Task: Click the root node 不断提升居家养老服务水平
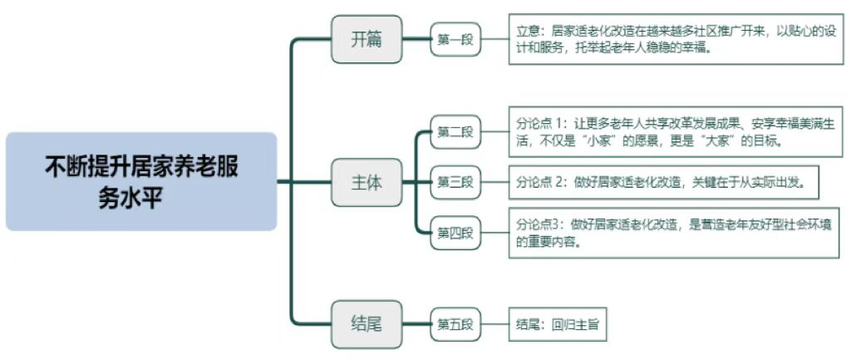(x=140, y=181)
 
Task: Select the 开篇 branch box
(x=366, y=39)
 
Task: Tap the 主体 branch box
(x=366, y=182)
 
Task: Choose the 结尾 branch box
(x=366, y=323)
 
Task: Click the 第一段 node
(x=455, y=39)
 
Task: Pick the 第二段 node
(x=455, y=131)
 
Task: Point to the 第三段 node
(x=455, y=182)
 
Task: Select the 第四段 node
(x=455, y=233)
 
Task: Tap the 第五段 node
(x=455, y=323)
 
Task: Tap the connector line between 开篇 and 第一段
(x=416, y=39)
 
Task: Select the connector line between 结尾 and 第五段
(x=416, y=323)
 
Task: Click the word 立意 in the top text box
(x=527, y=31)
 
